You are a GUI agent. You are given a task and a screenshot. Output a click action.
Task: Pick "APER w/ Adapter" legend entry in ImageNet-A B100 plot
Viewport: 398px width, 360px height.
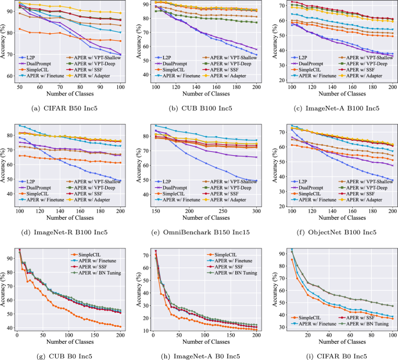coord(363,76)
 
